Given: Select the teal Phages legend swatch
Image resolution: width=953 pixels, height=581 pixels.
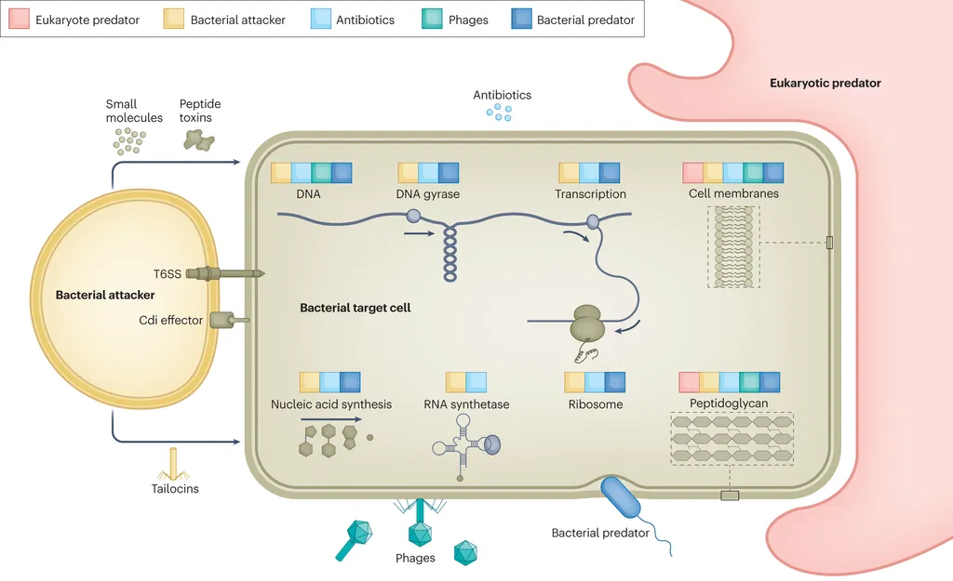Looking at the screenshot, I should pyautogui.click(x=432, y=19).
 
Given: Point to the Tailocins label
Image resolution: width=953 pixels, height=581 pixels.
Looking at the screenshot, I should pyautogui.click(x=175, y=488).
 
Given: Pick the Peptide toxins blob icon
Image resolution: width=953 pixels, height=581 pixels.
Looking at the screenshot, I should pyautogui.click(x=198, y=139).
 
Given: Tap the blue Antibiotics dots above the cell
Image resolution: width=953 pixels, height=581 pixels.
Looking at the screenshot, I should pyautogui.click(x=500, y=112).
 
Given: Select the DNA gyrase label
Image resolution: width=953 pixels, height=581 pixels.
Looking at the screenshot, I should pyautogui.click(x=428, y=194).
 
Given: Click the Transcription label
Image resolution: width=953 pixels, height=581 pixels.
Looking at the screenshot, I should pyautogui.click(x=590, y=194).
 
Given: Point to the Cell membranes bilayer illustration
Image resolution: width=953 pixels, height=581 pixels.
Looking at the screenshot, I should pyautogui.click(x=733, y=246).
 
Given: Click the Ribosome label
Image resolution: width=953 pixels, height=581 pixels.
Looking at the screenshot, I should pyautogui.click(x=596, y=404).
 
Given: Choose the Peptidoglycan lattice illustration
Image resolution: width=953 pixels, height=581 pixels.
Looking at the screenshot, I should pyautogui.click(x=732, y=438).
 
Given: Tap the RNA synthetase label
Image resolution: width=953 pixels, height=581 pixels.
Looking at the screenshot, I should pyautogui.click(x=466, y=404).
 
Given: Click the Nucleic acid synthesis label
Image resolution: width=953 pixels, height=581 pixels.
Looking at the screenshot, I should pyautogui.click(x=331, y=404).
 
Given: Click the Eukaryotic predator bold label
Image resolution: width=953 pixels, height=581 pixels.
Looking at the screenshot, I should pyautogui.click(x=825, y=83).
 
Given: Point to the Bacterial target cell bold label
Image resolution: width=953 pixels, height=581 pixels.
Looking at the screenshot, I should pyautogui.click(x=355, y=307).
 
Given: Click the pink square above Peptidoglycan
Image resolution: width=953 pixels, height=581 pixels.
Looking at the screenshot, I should pyautogui.click(x=689, y=382).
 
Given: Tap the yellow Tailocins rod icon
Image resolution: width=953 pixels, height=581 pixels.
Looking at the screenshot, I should pyautogui.click(x=174, y=463).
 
